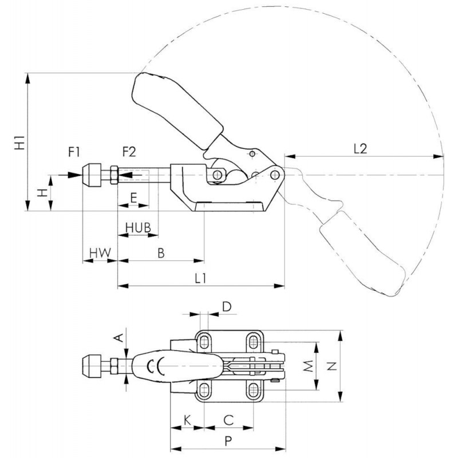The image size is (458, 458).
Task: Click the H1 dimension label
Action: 20,142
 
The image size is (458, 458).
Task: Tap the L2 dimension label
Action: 360,149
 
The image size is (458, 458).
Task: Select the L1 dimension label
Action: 201,279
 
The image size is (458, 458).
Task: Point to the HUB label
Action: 138,227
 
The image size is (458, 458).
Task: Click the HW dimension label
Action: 100,253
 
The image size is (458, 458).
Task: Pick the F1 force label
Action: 74,152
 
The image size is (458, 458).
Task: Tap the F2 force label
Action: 129,152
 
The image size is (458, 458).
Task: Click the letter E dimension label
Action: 133,198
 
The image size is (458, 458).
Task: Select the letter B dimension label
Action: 161,253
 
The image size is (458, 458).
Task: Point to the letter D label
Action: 227,307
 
